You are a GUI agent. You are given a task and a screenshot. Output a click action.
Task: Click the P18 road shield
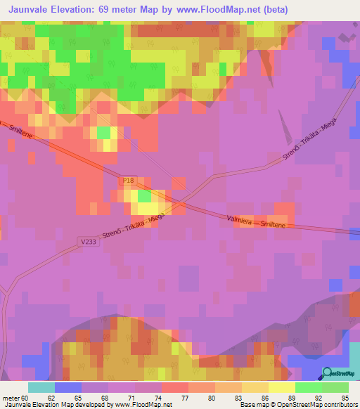click(127, 181)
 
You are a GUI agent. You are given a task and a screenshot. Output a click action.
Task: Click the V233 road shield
click(88, 241)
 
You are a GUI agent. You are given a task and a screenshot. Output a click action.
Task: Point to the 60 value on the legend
click(27, 397)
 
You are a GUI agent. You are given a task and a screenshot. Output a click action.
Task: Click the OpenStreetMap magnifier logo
click(328, 372)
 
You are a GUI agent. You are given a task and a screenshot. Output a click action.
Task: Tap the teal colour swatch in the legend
click(41, 387)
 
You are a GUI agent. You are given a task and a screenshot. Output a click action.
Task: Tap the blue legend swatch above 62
click(67, 387)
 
